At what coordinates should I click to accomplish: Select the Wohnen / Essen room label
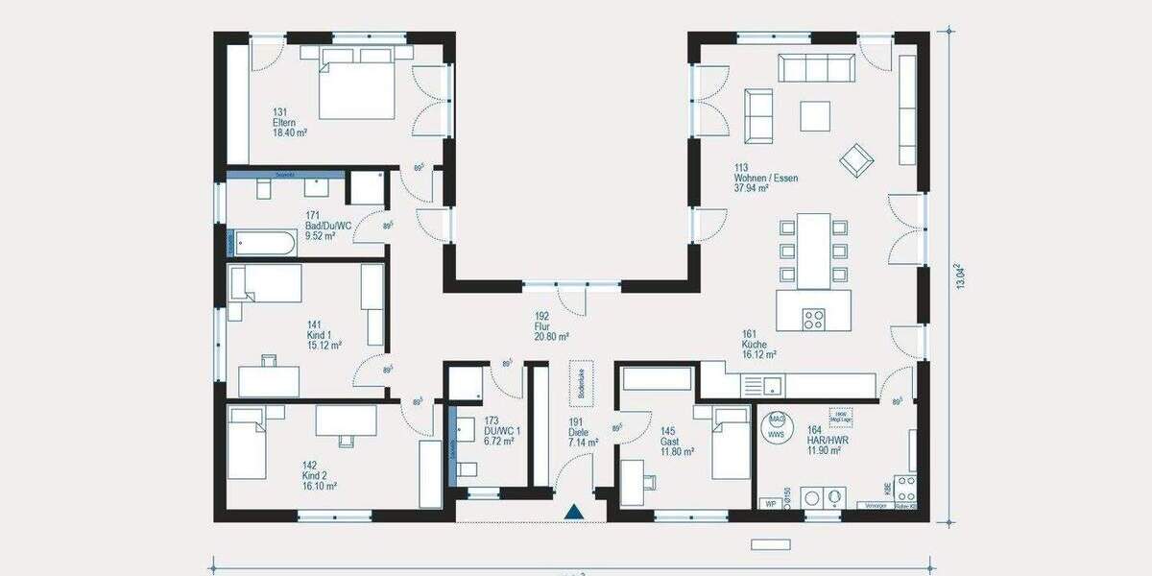[765, 179]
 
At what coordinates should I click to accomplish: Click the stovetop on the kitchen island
[813, 318]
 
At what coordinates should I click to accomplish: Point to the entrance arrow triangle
[574, 513]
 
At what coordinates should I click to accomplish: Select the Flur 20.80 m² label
[551, 326]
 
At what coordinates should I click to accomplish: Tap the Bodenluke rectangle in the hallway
[580, 381]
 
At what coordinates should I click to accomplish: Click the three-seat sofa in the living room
[816, 69]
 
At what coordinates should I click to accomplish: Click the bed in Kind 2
[247, 447]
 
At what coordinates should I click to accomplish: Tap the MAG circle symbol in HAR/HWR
[777, 420]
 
